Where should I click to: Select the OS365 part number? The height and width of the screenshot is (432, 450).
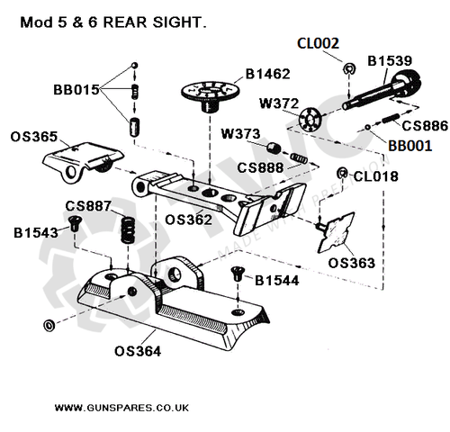pyautogui.click(x=34, y=137)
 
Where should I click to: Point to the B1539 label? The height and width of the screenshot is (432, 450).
pyautogui.click(x=391, y=61)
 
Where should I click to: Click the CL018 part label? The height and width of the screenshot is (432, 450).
pyautogui.click(x=375, y=176)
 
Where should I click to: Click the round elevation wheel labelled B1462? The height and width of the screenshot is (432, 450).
pyautogui.click(x=212, y=93)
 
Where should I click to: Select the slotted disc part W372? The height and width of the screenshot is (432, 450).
pyautogui.click(x=312, y=118)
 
